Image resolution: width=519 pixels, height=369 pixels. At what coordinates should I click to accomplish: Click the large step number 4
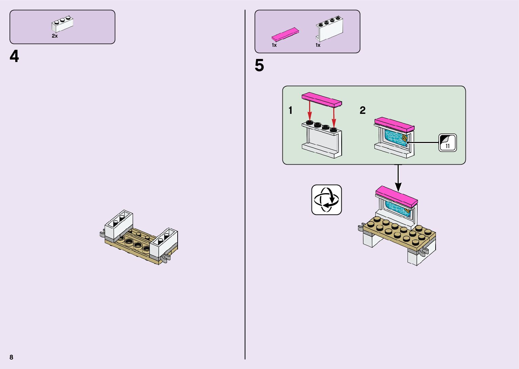click(x=14, y=57)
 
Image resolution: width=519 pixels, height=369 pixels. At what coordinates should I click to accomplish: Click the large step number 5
click(x=259, y=66)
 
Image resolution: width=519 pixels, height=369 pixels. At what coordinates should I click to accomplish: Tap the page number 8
click(x=12, y=357)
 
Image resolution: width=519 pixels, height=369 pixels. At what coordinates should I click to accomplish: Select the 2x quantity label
click(x=55, y=36)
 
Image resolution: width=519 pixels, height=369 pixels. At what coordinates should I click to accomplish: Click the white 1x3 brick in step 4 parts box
click(x=63, y=24)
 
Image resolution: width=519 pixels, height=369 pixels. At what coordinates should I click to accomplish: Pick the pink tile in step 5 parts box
click(x=285, y=34)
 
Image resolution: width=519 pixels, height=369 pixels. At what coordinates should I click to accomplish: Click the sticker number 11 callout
click(x=447, y=143)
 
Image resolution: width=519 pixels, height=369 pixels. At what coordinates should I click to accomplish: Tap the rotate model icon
click(x=326, y=200)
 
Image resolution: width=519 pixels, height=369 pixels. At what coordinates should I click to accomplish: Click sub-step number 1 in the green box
click(x=291, y=110)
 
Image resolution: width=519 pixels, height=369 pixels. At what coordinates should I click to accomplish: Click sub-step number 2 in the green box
click(x=363, y=110)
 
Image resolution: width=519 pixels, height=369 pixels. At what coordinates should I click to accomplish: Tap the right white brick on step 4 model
click(x=164, y=242)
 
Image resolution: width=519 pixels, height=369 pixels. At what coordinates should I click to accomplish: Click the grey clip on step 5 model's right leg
click(x=424, y=251)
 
